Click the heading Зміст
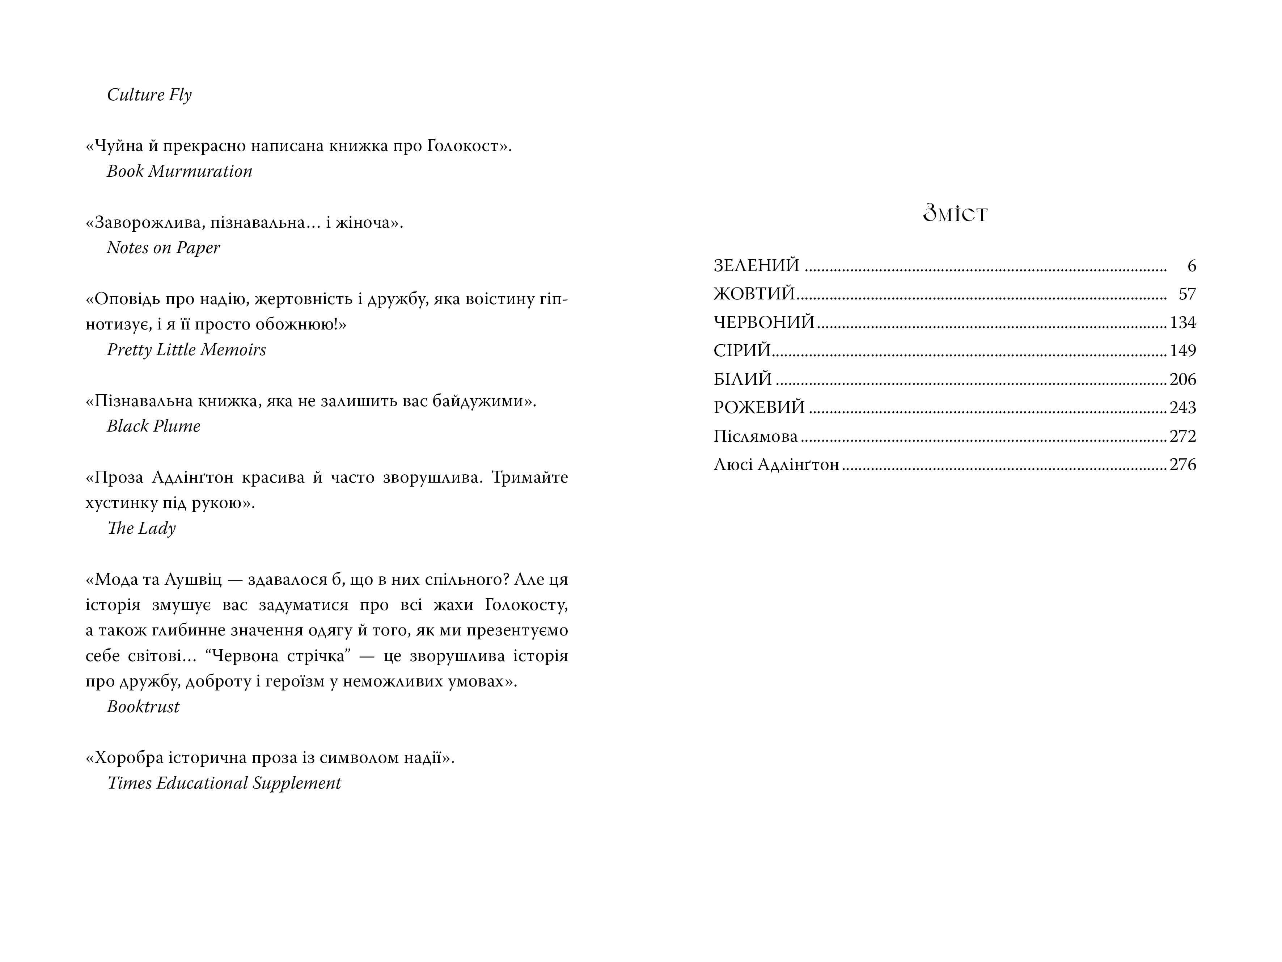tap(955, 213)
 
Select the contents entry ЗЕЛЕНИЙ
tap(756, 266)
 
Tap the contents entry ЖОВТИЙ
tap(754, 294)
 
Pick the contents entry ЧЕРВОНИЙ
tap(764, 322)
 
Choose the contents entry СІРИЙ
tap(742, 350)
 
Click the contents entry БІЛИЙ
tap(742, 379)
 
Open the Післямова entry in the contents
tap(755, 436)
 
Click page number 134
tap(1182, 322)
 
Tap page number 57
tap(1187, 294)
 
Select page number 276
tap(1182, 465)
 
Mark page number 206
tap(1182, 379)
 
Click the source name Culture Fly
tap(149, 94)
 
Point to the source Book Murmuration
tap(179, 171)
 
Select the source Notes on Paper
tap(163, 248)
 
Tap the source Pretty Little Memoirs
tap(186, 350)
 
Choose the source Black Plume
tap(153, 426)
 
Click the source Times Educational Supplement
tap(224, 784)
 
